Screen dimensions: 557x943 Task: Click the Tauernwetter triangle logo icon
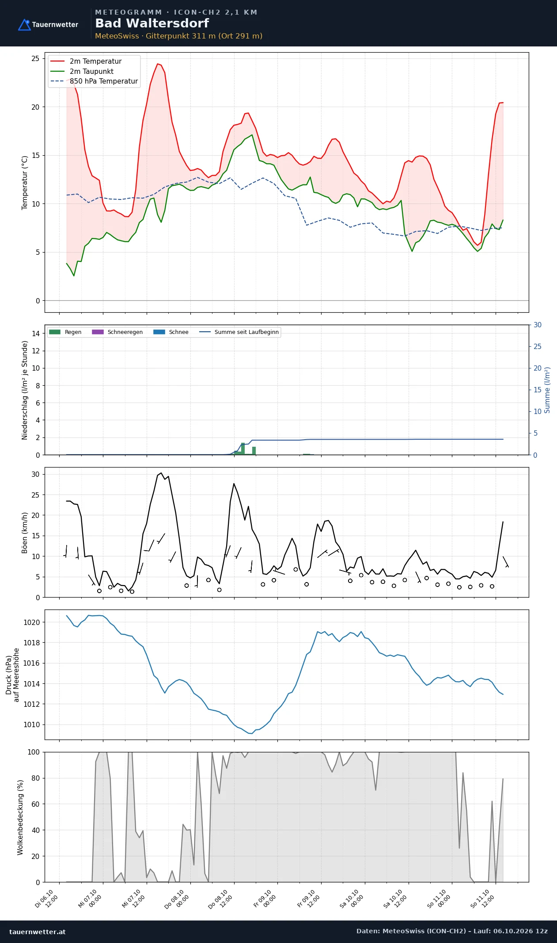[x=24, y=25]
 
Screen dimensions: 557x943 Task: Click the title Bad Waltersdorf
[x=152, y=23]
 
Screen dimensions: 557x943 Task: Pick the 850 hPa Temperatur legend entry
[x=95, y=81]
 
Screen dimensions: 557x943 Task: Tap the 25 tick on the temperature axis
[x=35, y=58]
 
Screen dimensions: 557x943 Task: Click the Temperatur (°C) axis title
[x=25, y=183]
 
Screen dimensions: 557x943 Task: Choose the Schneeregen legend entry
[x=117, y=332]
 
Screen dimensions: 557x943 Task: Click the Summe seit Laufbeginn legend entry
[x=239, y=332]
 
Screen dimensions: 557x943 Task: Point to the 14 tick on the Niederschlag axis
[x=36, y=333]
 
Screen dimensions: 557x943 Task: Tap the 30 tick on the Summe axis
[x=538, y=325]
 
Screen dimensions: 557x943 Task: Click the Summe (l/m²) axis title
[x=547, y=390]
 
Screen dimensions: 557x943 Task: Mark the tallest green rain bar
[x=243, y=448]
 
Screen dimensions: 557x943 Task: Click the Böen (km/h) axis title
[x=25, y=533]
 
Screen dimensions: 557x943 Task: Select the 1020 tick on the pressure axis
[x=32, y=622]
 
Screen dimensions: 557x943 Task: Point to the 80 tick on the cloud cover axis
[x=35, y=778]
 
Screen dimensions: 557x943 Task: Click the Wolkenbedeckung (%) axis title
[x=20, y=817]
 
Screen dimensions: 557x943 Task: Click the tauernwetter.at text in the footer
[x=38, y=931]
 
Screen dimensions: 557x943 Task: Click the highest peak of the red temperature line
[x=157, y=64]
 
